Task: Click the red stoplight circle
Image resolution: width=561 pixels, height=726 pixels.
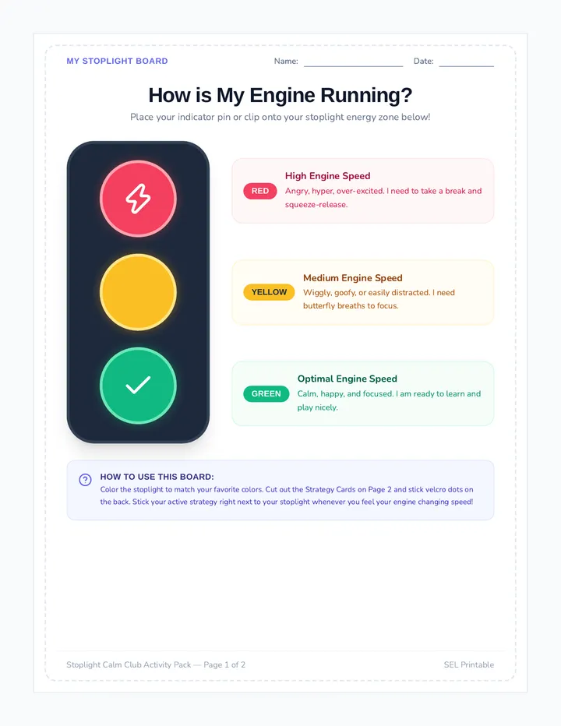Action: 138,199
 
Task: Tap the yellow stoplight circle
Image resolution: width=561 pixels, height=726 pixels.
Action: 138,292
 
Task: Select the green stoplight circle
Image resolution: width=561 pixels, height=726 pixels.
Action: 138,386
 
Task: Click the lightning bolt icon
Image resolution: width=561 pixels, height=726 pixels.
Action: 138,199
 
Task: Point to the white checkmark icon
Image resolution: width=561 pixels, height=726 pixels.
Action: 138,386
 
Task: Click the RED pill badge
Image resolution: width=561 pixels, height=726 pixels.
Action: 260,191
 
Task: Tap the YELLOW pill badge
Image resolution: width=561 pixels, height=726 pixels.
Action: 269,292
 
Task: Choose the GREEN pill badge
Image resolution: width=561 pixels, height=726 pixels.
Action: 266,393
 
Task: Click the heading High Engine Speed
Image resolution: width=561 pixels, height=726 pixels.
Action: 327,176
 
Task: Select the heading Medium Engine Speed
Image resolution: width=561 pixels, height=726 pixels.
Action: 352,278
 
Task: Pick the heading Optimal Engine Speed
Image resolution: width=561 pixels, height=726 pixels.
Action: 347,379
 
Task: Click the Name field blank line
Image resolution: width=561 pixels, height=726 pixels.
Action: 354,66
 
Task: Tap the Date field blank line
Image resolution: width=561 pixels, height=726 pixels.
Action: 467,66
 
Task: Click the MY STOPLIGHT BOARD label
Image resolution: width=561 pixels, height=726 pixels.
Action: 117,61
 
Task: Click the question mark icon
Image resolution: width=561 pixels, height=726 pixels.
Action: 85,480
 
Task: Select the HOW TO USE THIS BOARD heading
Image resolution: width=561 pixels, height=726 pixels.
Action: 157,477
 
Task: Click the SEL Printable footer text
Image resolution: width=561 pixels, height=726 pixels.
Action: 469,665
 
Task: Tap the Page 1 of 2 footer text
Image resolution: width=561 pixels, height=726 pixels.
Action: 224,665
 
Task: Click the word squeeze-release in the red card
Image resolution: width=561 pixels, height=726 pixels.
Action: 316,205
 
